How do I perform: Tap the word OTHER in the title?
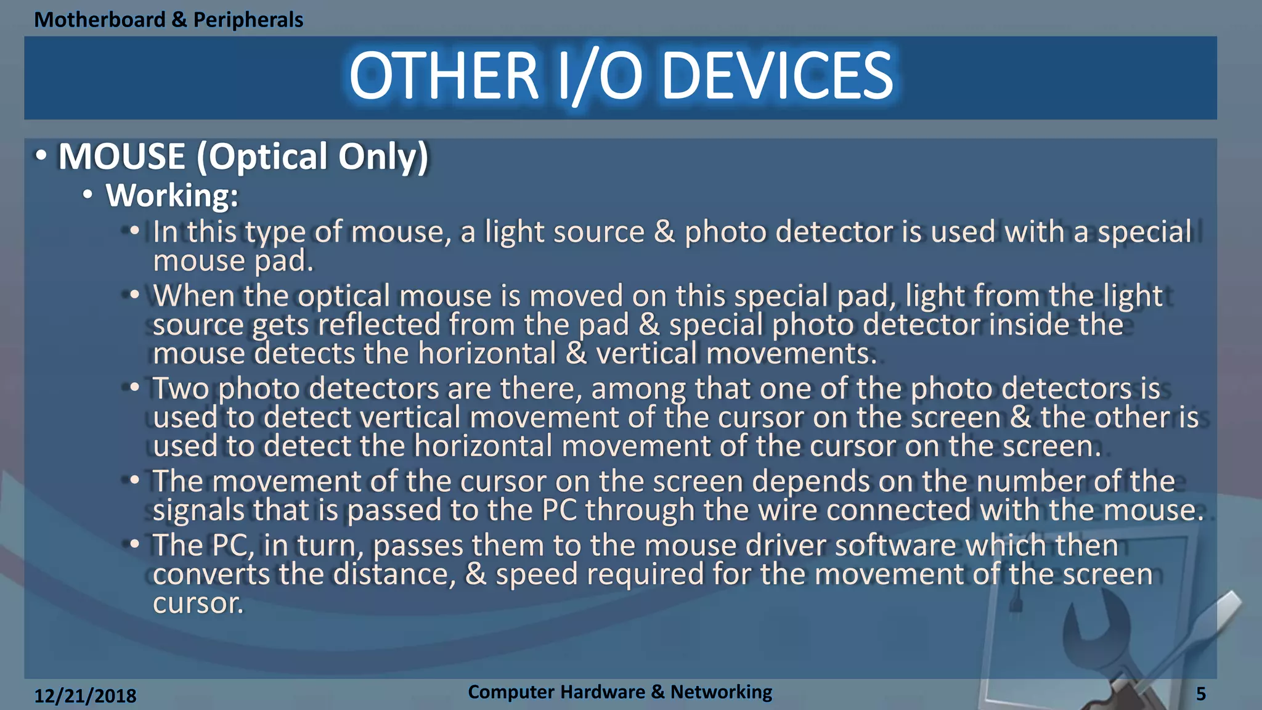pyautogui.click(x=444, y=76)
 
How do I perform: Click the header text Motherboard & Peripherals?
pyautogui.click(x=168, y=20)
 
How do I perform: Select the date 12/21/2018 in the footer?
pyautogui.click(x=85, y=696)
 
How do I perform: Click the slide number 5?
pyautogui.click(x=1201, y=694)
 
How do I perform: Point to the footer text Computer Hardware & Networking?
pyautogui.click(x=620, y=692)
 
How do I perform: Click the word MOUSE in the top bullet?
pyautogui.click(x=121, y=157)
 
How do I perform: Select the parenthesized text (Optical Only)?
pyautogui.click(x=312, y=157)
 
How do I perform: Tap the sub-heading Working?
pyautogui.click(x=172, y=195)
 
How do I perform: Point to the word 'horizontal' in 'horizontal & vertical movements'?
pyautogui.click(x=487, y=354)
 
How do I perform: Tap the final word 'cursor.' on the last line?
pyautogui.click(x=198, y=603)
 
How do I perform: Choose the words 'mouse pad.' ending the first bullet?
pyautogui.click(x=233, y=261)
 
